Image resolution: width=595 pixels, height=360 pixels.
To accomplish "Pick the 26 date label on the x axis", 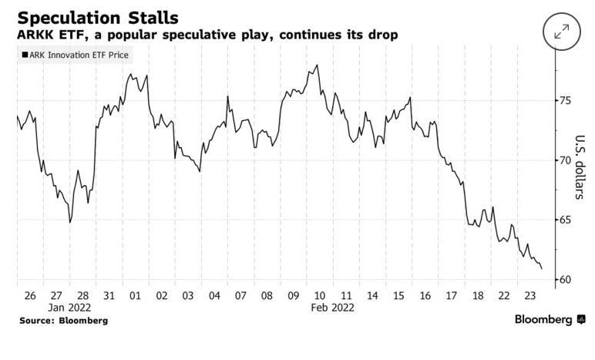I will [x=29, y=295].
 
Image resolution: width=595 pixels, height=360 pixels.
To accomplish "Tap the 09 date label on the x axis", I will [x=294, y=295].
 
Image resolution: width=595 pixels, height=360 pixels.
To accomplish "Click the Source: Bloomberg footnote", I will [x=63, y=320].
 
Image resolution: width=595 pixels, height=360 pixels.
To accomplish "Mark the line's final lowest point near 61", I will [x=542, y=268].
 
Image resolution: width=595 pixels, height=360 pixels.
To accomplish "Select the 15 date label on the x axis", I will [x=399, y=295].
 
